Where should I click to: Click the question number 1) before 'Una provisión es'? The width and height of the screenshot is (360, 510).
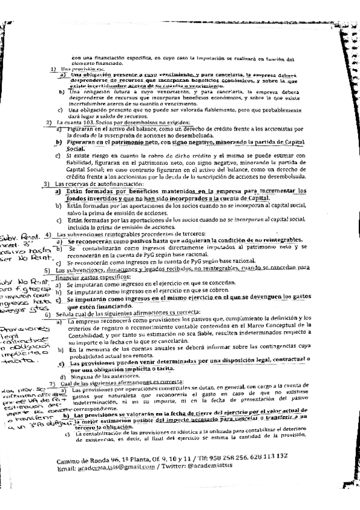[53, 69]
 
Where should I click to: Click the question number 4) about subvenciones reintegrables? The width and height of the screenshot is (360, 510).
[47, 233]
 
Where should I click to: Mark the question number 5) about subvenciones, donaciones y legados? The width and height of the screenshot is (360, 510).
[47, 270]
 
